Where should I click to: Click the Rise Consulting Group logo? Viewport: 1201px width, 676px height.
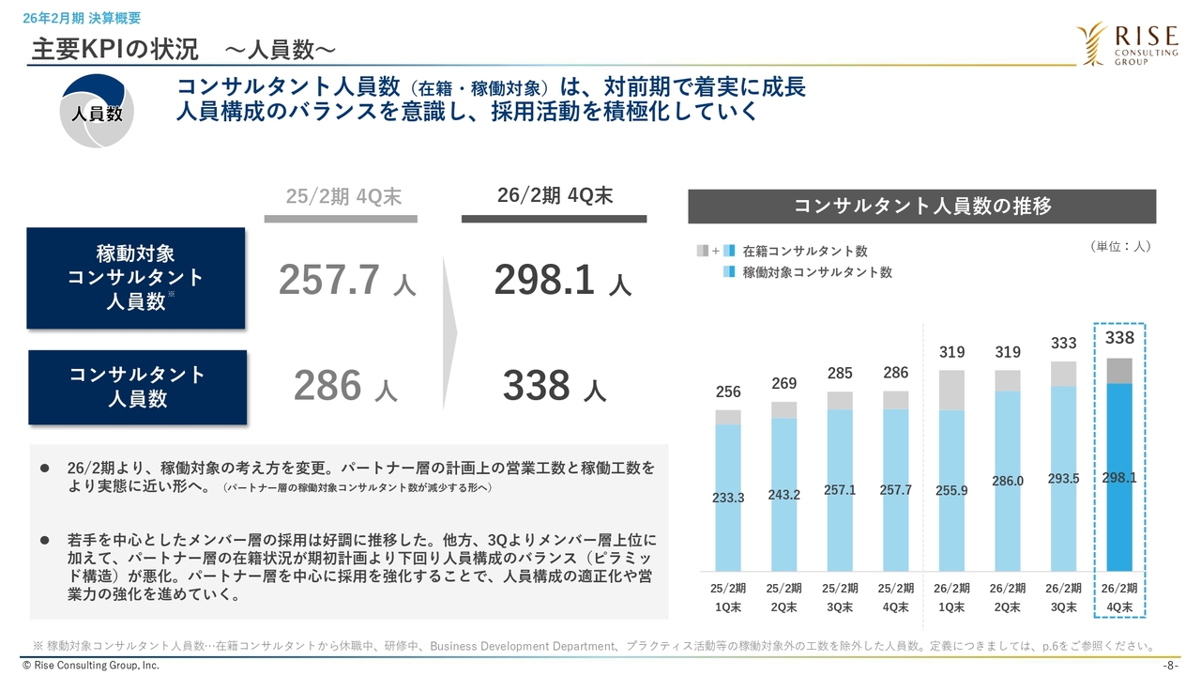coord(1127,45)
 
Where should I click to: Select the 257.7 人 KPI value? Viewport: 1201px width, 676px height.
coord(347,281)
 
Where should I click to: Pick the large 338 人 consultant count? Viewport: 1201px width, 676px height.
coord(554,386)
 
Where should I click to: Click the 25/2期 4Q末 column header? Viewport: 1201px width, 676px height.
coord(343,196)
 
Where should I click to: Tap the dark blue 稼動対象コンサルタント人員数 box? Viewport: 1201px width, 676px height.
coord(136,278)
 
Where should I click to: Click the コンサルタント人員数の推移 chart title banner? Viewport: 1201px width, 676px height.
coord(921,207)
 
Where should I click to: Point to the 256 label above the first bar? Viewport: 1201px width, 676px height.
coord(728,392)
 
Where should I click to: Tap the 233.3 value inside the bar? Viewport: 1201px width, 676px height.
coord(728,498)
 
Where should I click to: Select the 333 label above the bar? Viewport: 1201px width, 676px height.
coord(1063,344)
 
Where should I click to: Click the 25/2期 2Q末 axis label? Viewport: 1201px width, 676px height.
coord(783,597)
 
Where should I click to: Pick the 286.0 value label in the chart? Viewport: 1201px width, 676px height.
coord(1007,482)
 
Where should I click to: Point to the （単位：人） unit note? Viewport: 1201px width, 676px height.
coord(1120,247)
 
